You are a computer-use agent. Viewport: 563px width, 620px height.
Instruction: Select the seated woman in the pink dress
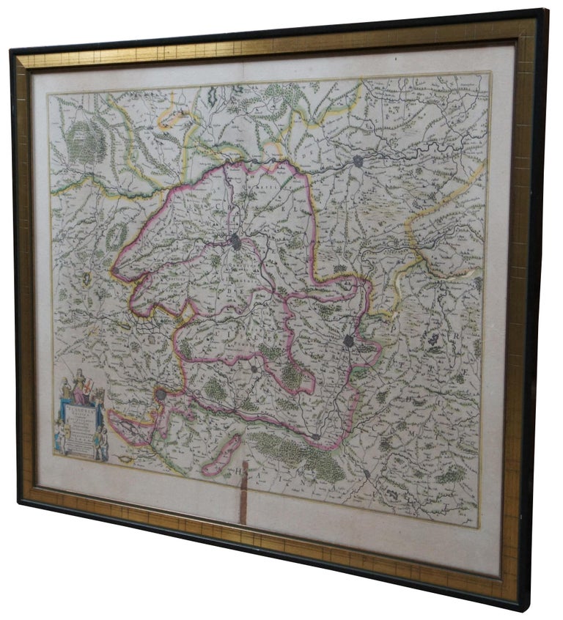tap(78, 386)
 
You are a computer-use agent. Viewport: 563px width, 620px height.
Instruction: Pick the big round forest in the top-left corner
tap(87, 142)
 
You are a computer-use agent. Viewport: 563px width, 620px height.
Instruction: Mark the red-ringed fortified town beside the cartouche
tap(161, 396)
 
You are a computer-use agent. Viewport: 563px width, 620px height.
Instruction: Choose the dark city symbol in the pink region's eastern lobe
tap(350, 341)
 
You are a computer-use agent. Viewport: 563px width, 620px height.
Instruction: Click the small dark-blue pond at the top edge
tap(213, 95)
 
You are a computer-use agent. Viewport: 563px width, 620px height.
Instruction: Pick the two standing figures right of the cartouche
tap(100, 443)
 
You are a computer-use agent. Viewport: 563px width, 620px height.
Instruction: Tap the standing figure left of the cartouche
tap(59, 437)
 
